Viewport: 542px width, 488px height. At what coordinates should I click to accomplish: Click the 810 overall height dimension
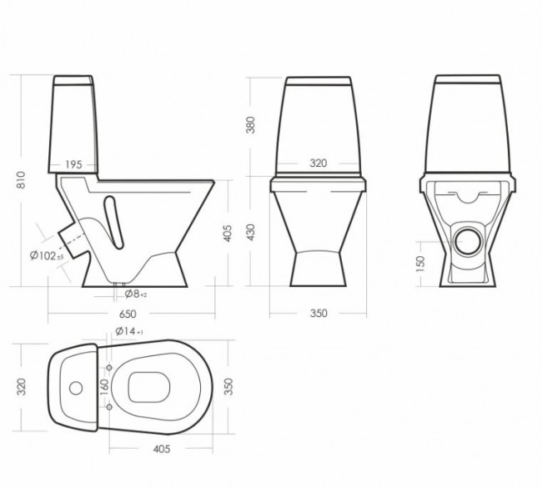pos(22,179)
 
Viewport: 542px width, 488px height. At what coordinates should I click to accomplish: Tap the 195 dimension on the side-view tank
pos(73,164)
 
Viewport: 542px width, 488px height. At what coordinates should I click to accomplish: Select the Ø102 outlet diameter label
pos(47,255)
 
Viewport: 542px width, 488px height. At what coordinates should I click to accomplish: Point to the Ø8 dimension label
pos(135,294)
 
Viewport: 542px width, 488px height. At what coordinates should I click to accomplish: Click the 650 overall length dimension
pos(128,314)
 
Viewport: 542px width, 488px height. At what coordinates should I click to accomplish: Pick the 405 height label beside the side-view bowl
pos(228,233)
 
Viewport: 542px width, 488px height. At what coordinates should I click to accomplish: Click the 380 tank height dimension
pos(250,125)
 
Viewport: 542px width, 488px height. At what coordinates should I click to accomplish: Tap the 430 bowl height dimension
pos(250,232)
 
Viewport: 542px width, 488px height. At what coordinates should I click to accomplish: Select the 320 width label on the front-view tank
pos(319,164)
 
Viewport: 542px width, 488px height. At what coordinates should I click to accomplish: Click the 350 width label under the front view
pos(319,313)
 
